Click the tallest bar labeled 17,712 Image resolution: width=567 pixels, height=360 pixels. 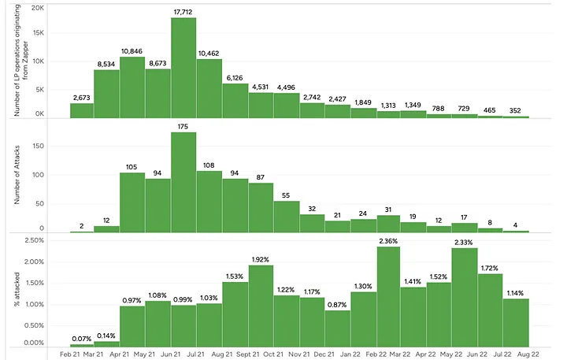coord(183,68)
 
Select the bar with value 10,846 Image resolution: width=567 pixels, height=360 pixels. coord(132,87)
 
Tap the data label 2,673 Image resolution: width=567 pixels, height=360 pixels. coord(82,97)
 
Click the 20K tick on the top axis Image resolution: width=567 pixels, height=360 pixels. coord(36,7)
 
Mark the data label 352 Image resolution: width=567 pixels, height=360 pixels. coord(516,110)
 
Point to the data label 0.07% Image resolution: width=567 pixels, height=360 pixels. coord(82,339)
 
